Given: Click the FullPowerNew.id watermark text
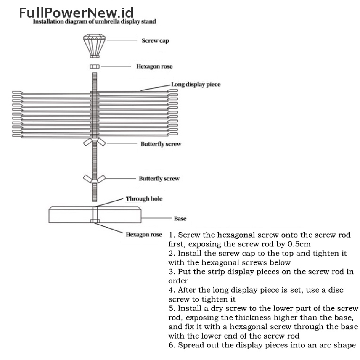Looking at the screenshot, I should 76,13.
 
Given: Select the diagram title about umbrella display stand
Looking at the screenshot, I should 94,21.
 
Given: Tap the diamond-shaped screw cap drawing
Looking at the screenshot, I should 94,45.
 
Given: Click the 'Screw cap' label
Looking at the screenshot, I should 155,40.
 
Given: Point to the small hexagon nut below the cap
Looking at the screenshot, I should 94,66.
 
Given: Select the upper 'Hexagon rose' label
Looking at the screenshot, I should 154,66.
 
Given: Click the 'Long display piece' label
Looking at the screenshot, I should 195,84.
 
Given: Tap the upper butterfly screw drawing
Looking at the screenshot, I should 95,142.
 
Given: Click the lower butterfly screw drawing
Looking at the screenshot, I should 94,178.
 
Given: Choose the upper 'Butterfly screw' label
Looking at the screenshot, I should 161,144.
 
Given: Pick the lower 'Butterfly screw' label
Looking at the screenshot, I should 159,179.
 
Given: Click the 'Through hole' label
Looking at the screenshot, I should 144,199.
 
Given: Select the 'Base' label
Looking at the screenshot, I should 180,219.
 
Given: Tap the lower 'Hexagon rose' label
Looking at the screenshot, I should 144,234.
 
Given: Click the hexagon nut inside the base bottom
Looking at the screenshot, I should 95,221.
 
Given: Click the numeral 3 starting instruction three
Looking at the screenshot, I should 171,272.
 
